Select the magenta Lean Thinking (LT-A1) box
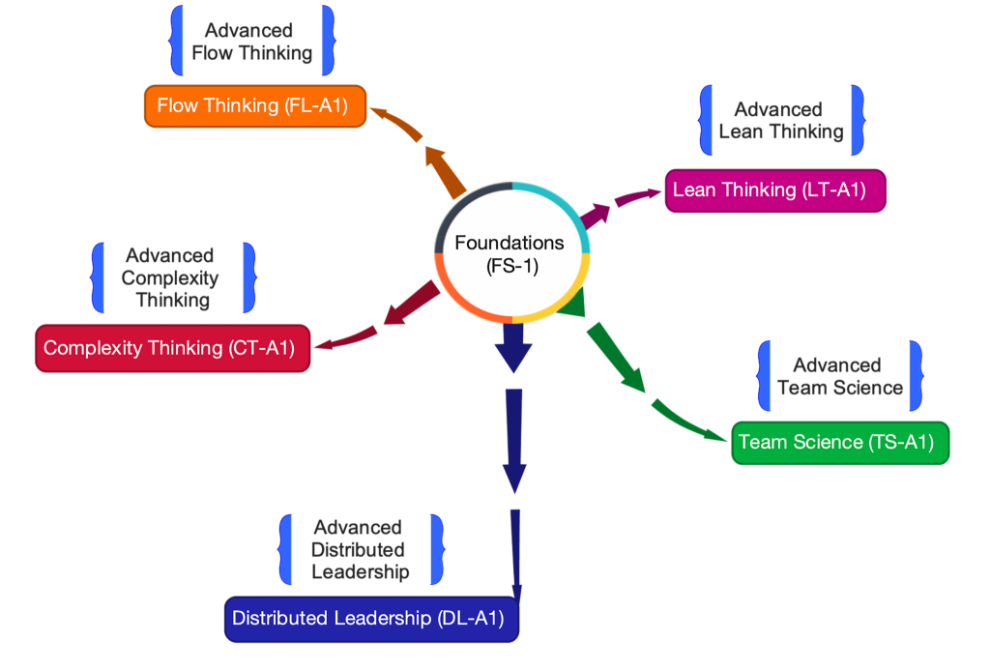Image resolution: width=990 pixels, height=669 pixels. point(775,189)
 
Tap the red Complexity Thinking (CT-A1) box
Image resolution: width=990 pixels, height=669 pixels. point(172,348)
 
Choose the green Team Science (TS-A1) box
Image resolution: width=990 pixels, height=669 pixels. point(840,442)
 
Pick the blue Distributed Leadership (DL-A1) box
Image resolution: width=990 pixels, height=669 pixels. point(371,619)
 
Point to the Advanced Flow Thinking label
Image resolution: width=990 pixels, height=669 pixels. point(251,43)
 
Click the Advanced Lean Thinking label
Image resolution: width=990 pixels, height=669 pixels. point(780,121)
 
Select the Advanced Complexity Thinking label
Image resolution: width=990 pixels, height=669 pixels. point(171,277)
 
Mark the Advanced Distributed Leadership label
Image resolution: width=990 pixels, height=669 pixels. point(359,549)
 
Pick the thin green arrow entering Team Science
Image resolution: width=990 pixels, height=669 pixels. point(691,422)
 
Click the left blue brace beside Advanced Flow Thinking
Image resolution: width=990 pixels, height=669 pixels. point(176,40)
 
